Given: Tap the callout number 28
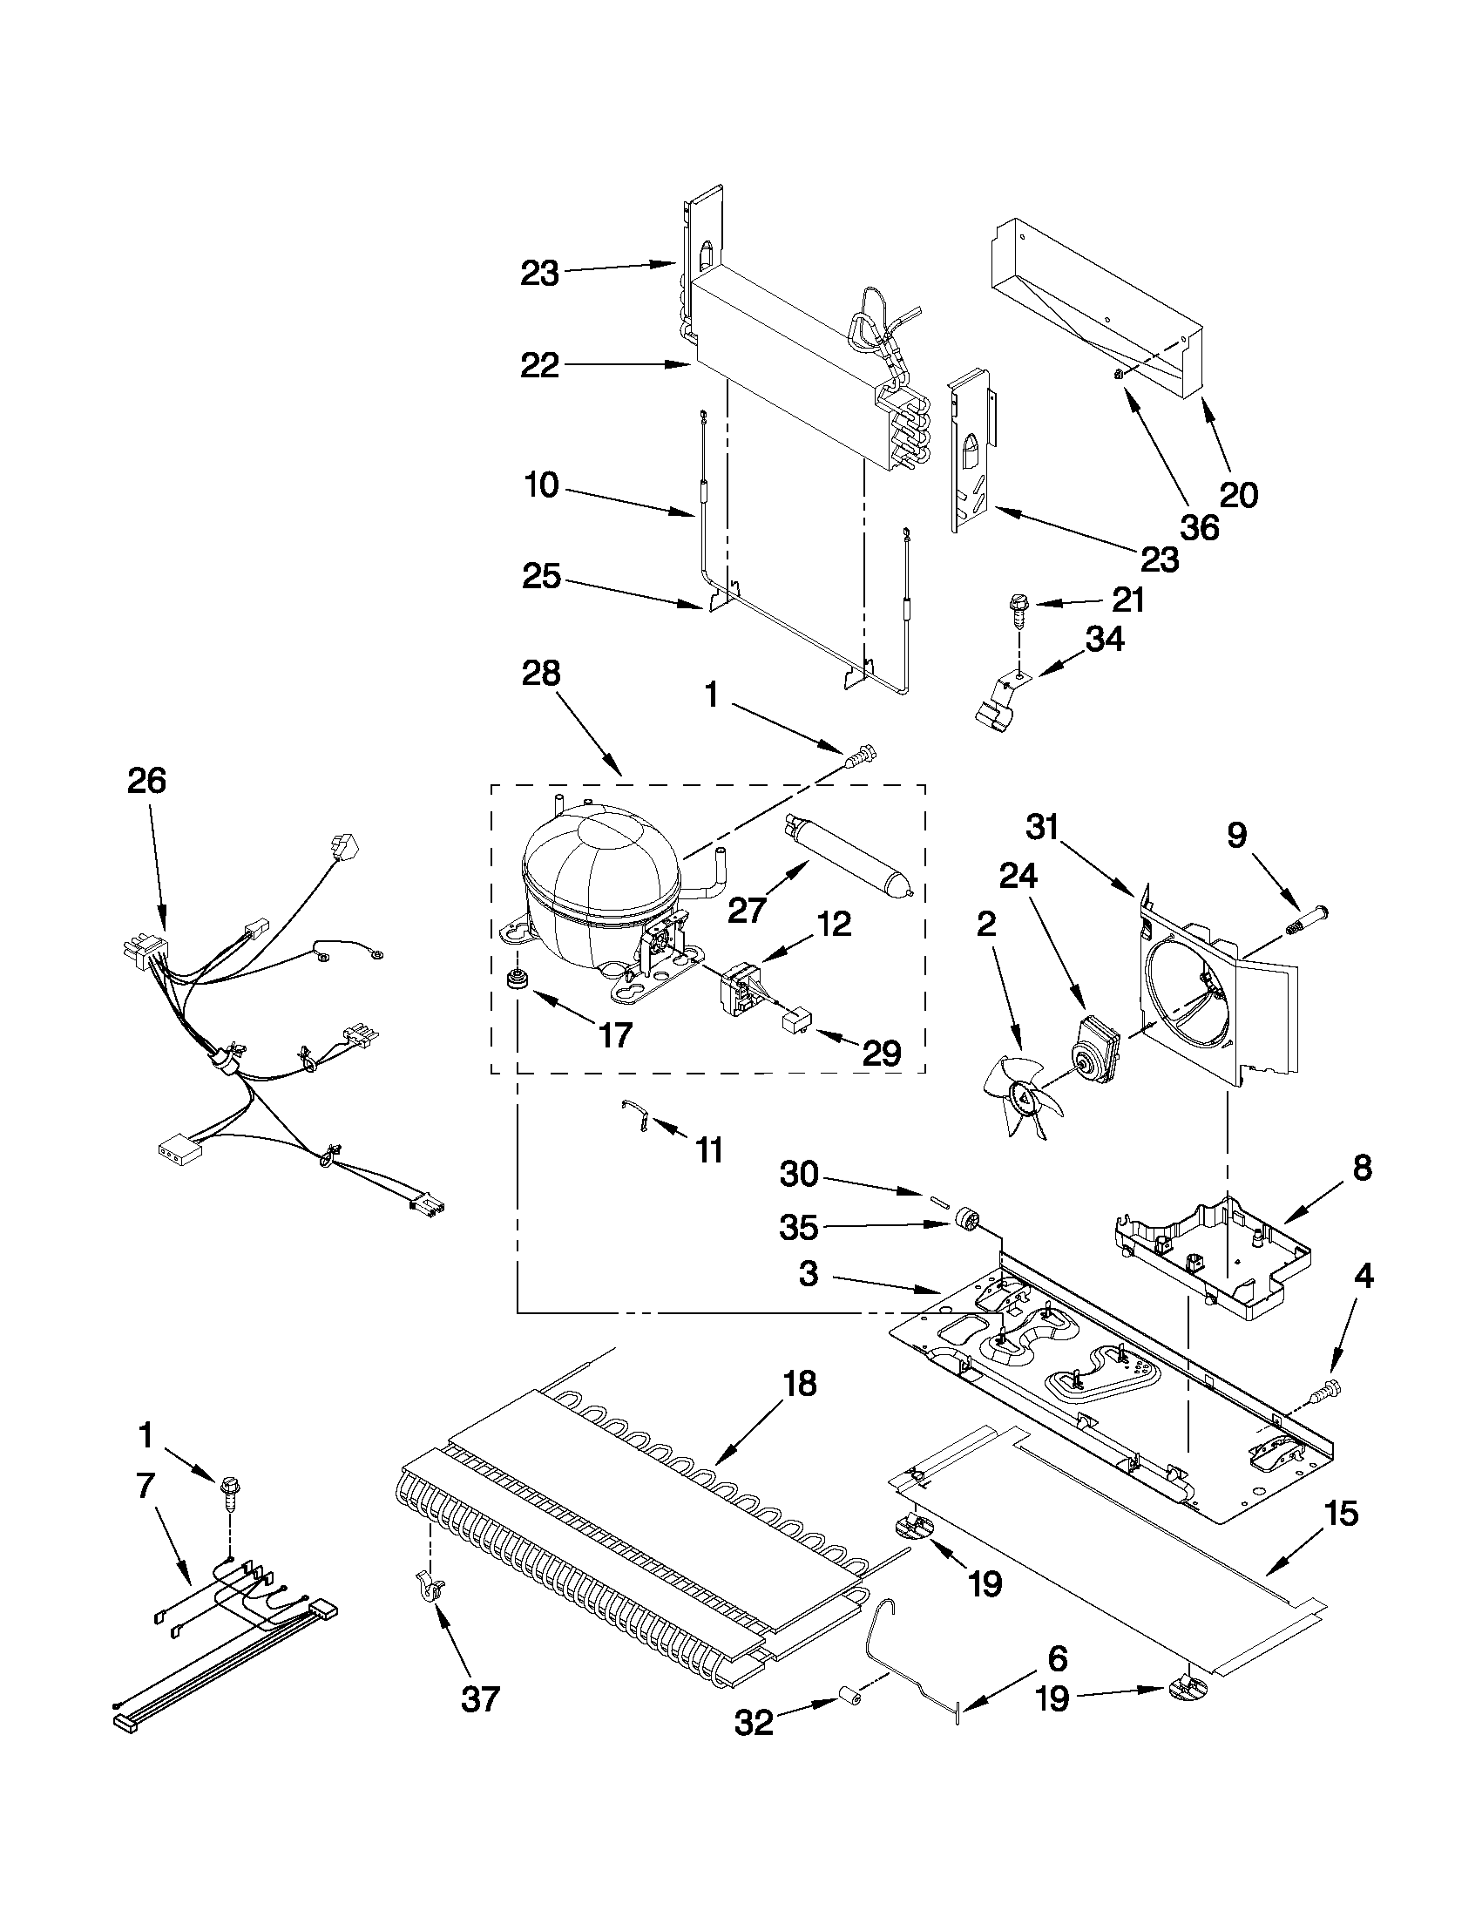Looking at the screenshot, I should click(540, 674).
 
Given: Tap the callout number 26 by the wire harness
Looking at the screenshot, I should click(145, 780).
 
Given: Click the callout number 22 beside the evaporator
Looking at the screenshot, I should click(539, 365).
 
